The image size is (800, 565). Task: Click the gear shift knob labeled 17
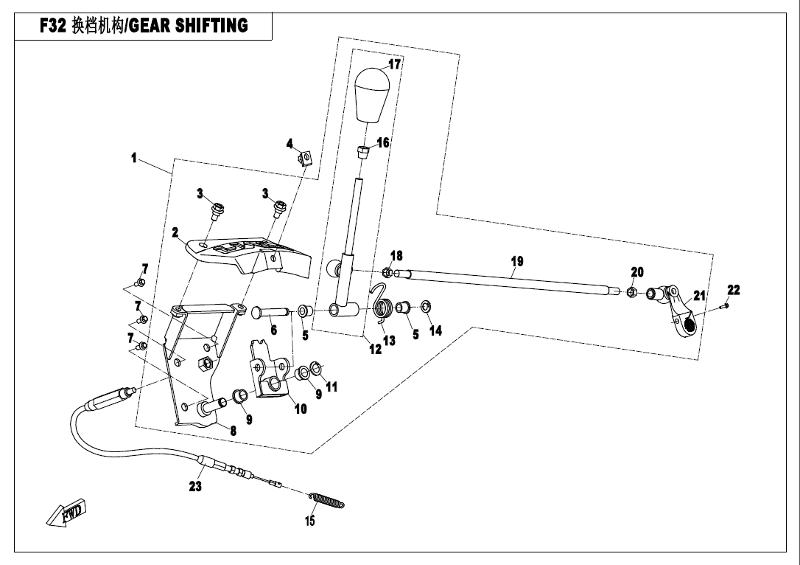coord(373,95)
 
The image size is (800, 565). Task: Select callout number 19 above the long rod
coord(517,262)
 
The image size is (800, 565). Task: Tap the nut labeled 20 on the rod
coord(631,291)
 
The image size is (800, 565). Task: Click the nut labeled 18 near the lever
coord(387,271)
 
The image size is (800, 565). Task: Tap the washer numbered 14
coord(426,308)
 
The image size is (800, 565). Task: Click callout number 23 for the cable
coord(195,486)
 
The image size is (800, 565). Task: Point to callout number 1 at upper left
coord(134,158)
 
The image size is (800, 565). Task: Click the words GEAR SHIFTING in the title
coord(189,25)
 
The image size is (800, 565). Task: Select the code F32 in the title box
coord(53,26)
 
